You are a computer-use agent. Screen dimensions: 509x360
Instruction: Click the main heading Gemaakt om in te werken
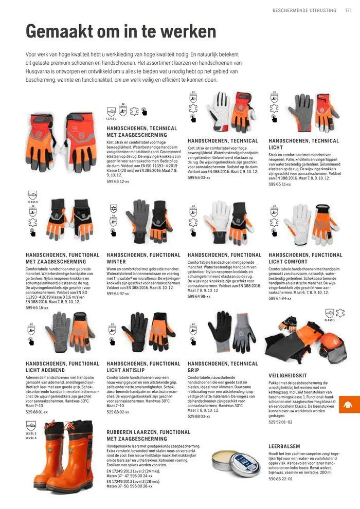[121, 32]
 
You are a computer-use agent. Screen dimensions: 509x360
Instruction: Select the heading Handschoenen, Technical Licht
[303, 144]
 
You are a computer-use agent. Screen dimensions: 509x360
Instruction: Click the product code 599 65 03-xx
[199, 177]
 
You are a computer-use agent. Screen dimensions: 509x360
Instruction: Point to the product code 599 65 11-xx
[280, 184]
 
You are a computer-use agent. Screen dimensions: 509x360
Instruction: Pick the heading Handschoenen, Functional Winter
[143, 258]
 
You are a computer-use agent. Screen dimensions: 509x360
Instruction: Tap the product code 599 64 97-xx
[118, 294]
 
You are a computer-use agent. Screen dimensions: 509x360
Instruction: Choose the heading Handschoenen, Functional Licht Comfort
[305, 258]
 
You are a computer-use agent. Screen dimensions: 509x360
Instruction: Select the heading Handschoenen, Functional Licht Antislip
[143, 367]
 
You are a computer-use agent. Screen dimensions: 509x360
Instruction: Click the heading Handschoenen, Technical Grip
[223, 367]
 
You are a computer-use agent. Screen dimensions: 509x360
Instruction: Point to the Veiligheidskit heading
[288, 375]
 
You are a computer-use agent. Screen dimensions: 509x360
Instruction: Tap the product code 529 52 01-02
[280, 422]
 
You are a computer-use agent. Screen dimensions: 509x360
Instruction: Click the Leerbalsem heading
[284, 446]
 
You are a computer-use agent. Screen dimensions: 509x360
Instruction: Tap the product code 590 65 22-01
[280, 478]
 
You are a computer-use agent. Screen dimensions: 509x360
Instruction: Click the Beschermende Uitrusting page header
[304, 10]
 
